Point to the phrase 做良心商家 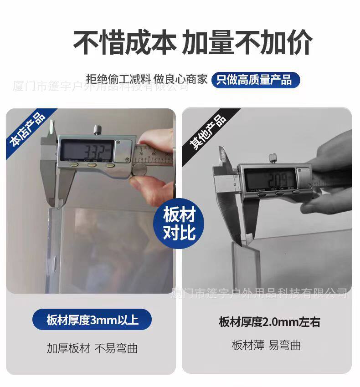tap(180, 79)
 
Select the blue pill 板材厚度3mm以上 tap(92, 320)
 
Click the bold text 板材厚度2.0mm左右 tap(269, 322)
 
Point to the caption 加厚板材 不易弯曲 tap(92, 348)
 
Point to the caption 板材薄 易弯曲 tap(266, 345)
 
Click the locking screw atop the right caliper tap(272, 158)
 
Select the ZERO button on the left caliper tap(109, 165)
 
